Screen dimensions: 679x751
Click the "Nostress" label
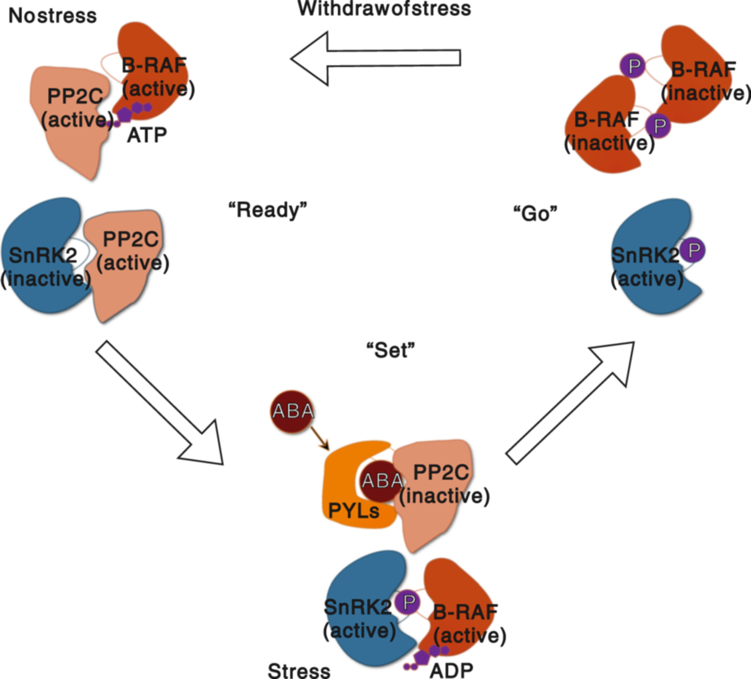[52, 16]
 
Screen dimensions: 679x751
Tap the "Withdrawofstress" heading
[384, 8]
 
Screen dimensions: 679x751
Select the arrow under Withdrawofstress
[375, 58]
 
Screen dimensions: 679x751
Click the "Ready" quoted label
[268, 210]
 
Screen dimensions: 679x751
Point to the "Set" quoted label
[390, 351]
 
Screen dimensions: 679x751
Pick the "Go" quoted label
[535, 213]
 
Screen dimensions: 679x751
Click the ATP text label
[147, 135]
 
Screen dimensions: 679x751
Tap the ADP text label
[451, 670]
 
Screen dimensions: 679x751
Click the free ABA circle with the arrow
[293, 411]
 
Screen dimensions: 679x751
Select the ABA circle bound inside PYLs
[381, 481]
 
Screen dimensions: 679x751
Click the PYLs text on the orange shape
[354, 510]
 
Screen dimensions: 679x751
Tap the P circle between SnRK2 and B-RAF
[408, 602]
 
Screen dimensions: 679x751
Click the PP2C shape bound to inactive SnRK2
[129, 291]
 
